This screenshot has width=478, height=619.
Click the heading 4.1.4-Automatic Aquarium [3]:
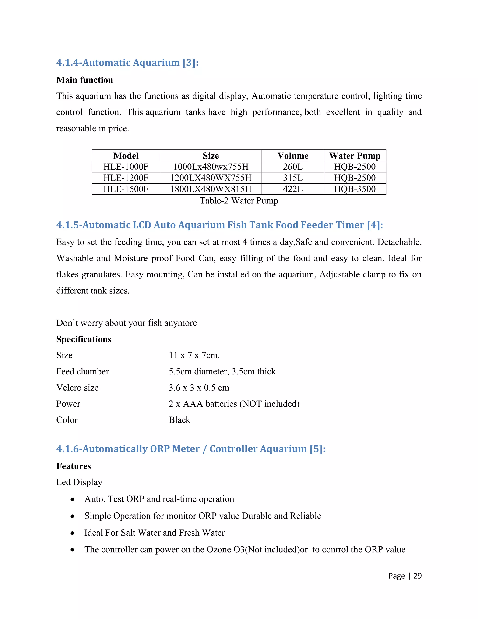pyautogui.click(x=127, y=63)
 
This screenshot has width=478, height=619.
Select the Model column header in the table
pyautogui.click(x=126, y=156)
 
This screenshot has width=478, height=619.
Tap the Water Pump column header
pyautogui.click(x=355, y=156)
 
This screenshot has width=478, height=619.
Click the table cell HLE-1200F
pyautogui.click(x=126, y=178)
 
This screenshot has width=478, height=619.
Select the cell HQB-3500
pyautogui.click(x=355, y=189)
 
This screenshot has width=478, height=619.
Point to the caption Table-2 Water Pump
pyautogui.click(x=239, y=201)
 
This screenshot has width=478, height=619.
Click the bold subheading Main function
pyautogui.click(x=84, y=80)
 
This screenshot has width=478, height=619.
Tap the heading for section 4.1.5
pyautogui.click(x=219, y=225)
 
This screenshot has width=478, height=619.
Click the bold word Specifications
pyautogui.click(x=84, y=339)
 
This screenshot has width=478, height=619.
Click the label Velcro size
pyautogui.click(x=77, y=388)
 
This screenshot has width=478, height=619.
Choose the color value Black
pyautogui.click(x=179, y=420)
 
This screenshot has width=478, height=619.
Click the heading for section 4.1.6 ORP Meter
pyautogui.click(x=191, y=449)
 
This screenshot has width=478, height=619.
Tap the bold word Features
pyautogui.click(x=73, y=466)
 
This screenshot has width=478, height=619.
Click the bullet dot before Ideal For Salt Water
pyautogui.click(x=73, y=533)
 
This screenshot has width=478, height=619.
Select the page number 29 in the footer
pyautogui.click(x=417, y=576)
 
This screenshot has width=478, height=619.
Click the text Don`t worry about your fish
pyautogui.click(x=126, y=323)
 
